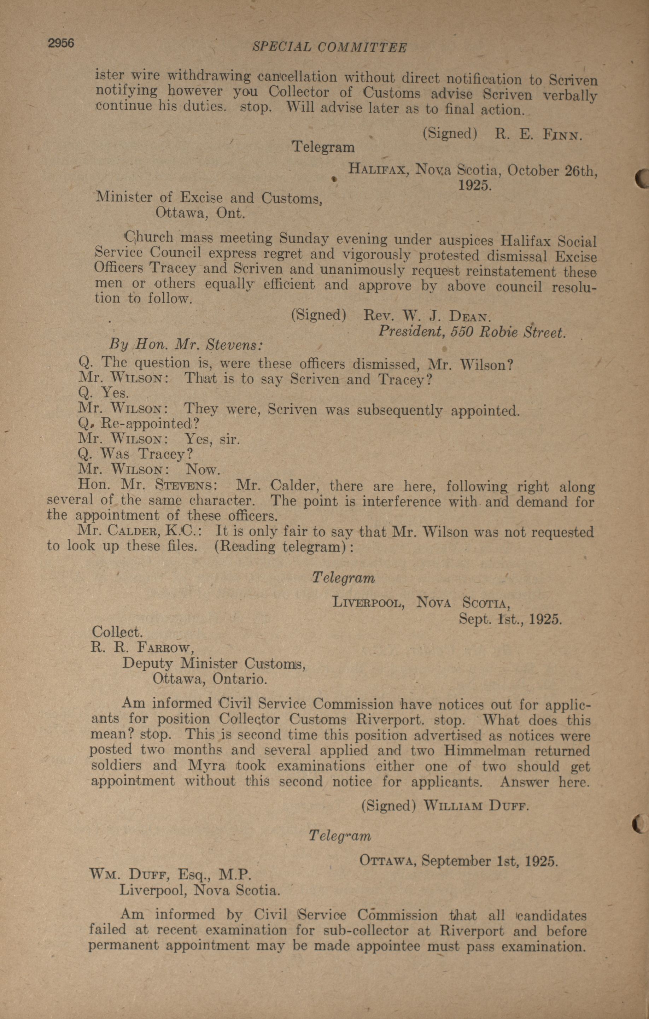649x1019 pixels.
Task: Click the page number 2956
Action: coord(61,43)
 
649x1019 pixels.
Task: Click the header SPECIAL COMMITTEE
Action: coord(329,47)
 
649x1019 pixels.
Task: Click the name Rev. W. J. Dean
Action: coord(427,316)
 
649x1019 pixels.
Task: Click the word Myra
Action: coord(206,766)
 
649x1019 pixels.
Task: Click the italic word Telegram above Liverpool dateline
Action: coord(343,578)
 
